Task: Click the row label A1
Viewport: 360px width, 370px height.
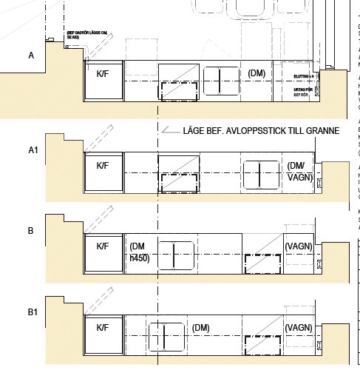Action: point(33,150)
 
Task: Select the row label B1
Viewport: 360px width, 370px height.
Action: point(33,313)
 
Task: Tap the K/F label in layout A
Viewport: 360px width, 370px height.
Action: point(103,74)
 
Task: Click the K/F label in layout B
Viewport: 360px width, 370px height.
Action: point(103,246)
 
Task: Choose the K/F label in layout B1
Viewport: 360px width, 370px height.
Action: point(103,327)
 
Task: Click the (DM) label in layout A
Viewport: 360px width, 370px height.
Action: point(257,73)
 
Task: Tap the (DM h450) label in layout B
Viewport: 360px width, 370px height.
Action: point(140,252)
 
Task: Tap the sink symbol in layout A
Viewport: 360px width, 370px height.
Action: point(221,81)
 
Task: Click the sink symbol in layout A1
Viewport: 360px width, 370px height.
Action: point(261,175)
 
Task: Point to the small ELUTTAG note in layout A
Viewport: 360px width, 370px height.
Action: point(304,75)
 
